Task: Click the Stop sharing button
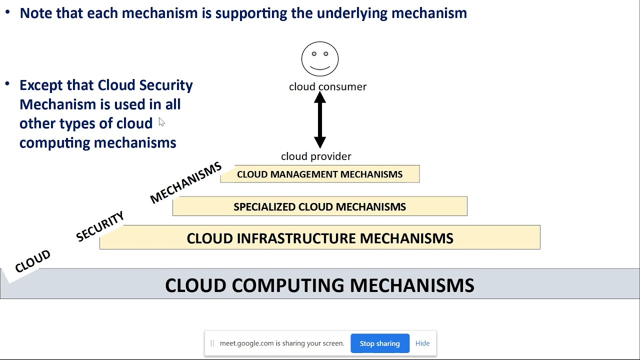(380, 343)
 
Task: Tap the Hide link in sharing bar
(422, 343)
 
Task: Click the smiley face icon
(320, 59)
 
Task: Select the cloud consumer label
(327, 86)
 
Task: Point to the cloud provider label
(316, 156)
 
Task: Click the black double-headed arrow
(320, 120)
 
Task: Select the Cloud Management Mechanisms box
(320, 174)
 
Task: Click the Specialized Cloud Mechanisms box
(320, 206)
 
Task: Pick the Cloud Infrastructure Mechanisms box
(320, 238)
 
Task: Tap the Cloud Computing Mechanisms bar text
(320, 285)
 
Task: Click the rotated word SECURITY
(100, 226)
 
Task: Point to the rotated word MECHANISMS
(185, 183)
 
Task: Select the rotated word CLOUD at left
(32, 261)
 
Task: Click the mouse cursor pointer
(161, 122)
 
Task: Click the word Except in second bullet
(41, 85)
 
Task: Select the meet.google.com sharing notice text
(281, 343)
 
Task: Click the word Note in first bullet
(36, 13)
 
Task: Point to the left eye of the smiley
(314, 53)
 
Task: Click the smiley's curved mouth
(320, 67)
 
